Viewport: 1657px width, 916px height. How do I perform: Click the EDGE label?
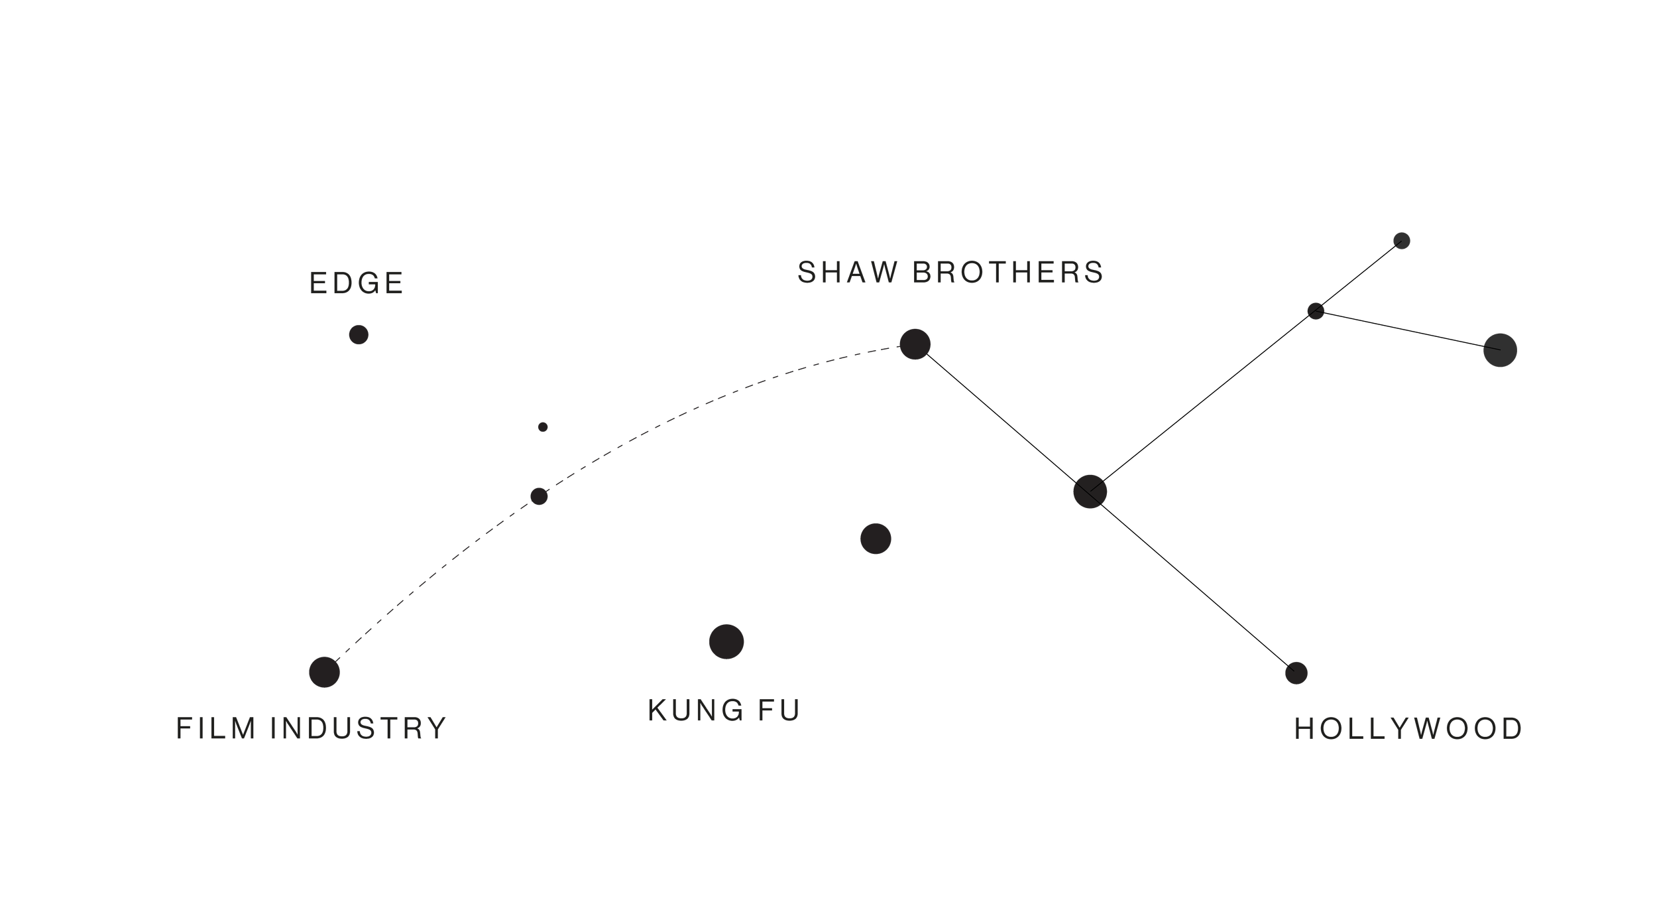pyautogui.click(x=357, y=283)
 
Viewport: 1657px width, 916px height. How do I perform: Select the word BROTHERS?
pyautogui.click(x=1008, y=273)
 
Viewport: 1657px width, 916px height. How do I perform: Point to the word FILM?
pyautogui.click(x=216, y=728)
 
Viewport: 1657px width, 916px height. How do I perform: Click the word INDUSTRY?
pyautogui.click(x=359, y=728)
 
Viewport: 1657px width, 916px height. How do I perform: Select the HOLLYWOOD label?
pyautogui.click(x=1408, y=729)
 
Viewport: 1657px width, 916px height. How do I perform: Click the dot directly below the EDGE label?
pyautogui.click(x=359, y=334)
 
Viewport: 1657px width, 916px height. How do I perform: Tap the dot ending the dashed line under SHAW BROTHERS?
pyautogui.click(x=915, y=344)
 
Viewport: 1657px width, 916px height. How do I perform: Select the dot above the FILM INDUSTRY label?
pyautogui.click(x=324, y=673)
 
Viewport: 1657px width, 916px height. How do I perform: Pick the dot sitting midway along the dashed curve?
pyautogui.click(x=539, y=496)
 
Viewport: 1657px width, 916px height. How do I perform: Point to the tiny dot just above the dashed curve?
pyautogui.click(x=543, y=427)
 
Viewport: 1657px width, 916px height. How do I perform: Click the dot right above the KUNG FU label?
pyautogui.click(x=726, y=641)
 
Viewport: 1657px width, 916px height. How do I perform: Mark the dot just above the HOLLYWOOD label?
pyautogui.click(x=1296, y=673)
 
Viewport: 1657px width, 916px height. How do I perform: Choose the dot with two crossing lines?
pyautogui.click(x=1090, y=491)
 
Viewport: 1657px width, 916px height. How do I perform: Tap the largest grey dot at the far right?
pyautogui.click(x=1500, y=350)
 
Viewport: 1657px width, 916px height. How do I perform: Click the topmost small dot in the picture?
pyautogui.click(x=1401, y=241)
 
